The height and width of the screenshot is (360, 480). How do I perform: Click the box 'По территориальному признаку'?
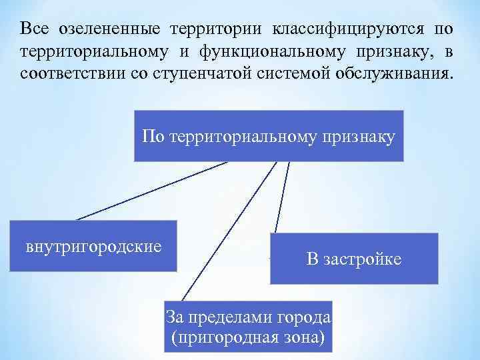pos(269,136)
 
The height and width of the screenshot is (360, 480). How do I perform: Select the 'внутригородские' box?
pos(93,246)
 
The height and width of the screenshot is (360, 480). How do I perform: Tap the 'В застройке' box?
pos(354,259)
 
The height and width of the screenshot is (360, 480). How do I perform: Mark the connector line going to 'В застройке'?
pos(282,197)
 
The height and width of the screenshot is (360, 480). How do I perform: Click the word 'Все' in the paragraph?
pos(33,29)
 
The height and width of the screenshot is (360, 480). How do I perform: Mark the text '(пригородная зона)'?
pos(249,337)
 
